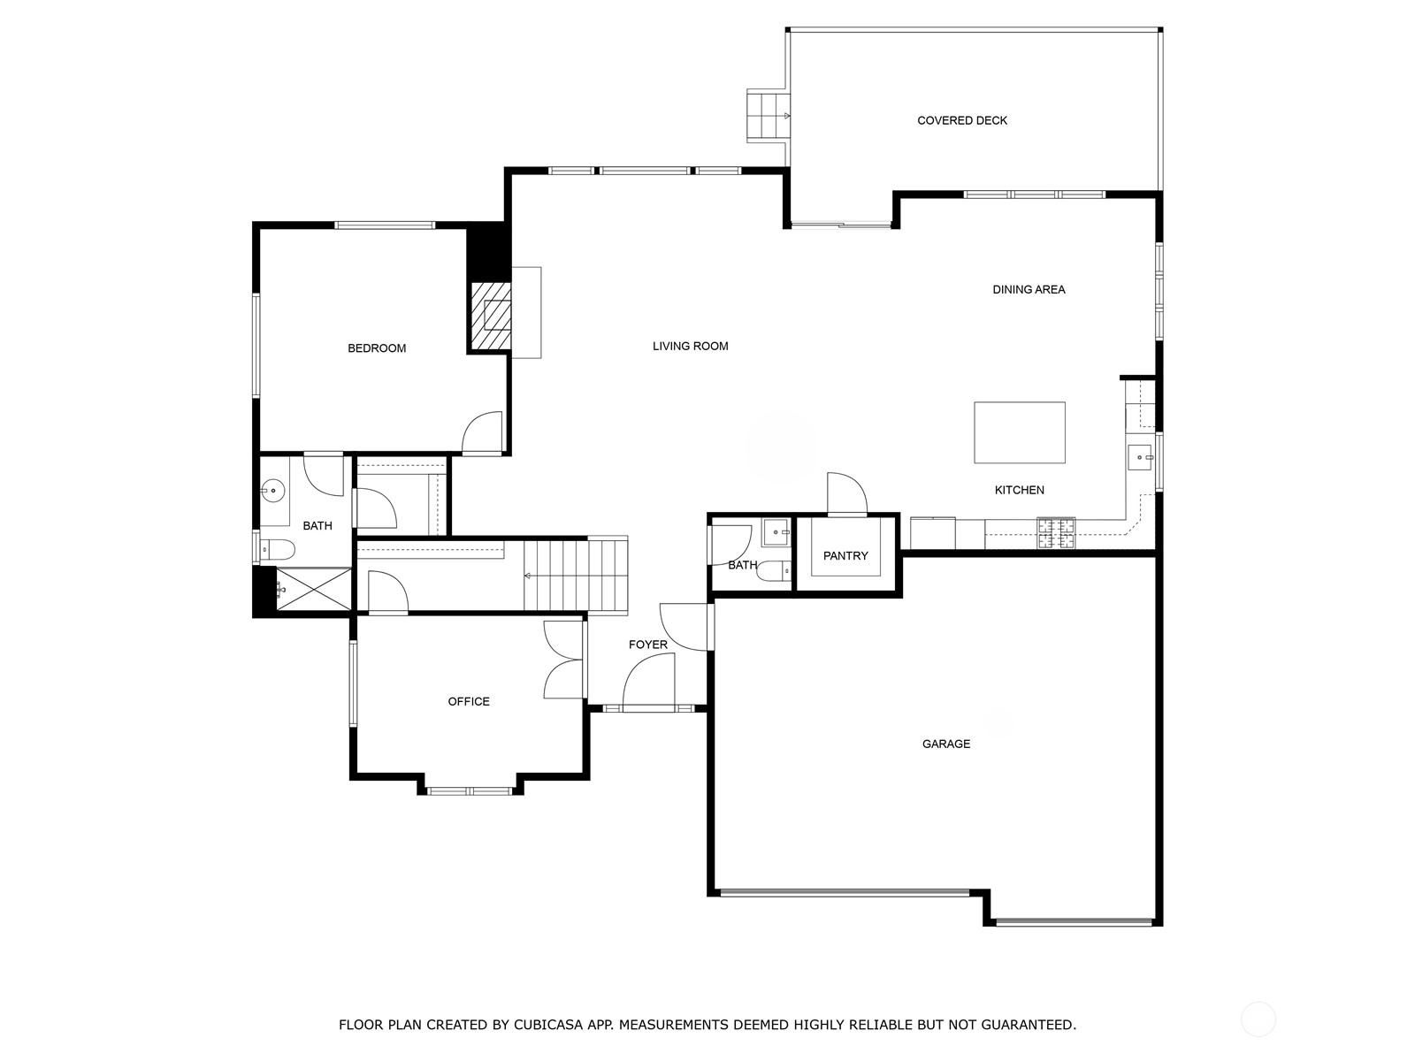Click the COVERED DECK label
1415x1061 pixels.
click(x=962, y=120)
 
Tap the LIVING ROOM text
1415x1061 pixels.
click(x=691, y=346)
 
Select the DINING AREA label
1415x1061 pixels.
click(x=1029, y=290)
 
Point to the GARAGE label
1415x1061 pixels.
click(x=945, y=744)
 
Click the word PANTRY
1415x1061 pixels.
click(x=845, y=556)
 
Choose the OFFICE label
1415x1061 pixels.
click(x=469, y=701)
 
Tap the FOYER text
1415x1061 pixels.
click(x=648, y=645)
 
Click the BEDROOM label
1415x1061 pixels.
click(x=377, y=348)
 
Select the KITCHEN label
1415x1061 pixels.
click(x=1019, y=490)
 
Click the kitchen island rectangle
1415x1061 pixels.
click(x=1019, y=432)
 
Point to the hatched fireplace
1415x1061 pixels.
click(x=491, y=316)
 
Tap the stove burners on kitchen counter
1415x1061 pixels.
click(x=1056, y=533)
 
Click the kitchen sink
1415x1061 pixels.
click(x=1140, y=457)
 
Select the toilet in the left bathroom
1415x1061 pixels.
click(x=276, y=549)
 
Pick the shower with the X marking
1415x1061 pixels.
click(x=313, y=589)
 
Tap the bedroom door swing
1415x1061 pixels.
click(x=482, y=431)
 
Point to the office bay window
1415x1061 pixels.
click(x=470, y=790)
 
